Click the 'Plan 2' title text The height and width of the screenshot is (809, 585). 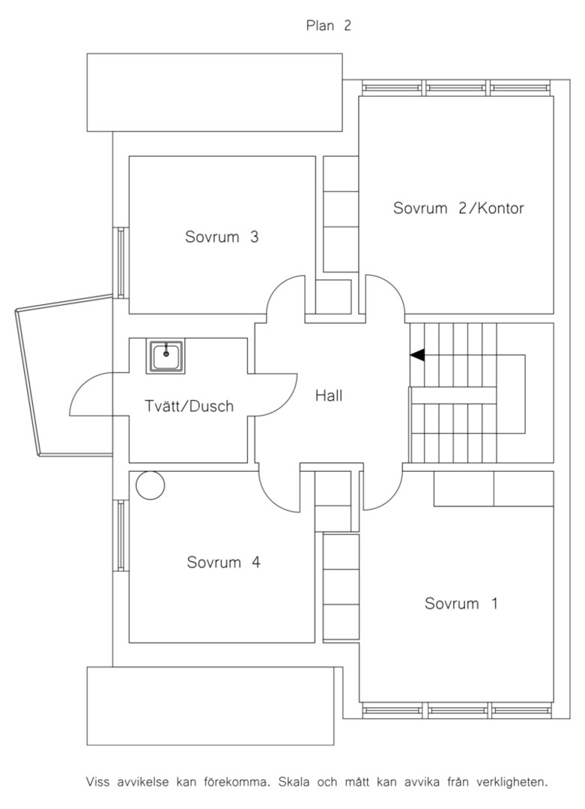point(329,25)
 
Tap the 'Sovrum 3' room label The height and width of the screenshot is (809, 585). point(222,237)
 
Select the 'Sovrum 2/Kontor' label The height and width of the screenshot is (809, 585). point(458,208)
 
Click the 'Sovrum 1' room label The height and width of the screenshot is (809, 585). point(461,603)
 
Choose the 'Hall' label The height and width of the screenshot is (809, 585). point(329,396)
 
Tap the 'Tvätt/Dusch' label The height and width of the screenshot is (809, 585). point(189,406)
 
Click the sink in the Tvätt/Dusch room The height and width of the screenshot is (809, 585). point(166,356)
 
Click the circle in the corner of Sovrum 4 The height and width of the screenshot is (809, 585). point(150,485)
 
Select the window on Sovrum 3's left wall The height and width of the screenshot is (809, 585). point(121,262)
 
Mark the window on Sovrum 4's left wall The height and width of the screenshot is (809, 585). point(121,535)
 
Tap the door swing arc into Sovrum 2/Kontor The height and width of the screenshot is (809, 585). point(393,287)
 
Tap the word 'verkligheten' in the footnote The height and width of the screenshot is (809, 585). point(512,782)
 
